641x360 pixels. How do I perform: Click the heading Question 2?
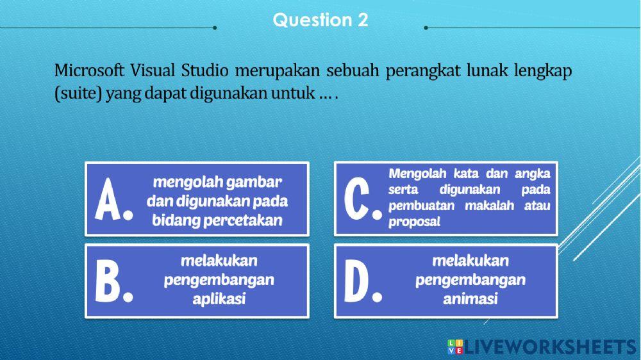click(x=320, y=20)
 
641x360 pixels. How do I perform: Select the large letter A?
click(x=113, y=200)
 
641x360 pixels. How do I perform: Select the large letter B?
click(x=113, y=281)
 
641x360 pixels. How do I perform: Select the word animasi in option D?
click(x=470, y=299)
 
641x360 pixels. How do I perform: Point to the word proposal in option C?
click(x=414, y=222)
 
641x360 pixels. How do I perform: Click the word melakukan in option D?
click(x=470, y=261)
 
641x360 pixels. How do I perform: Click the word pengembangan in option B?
click(x=219, y=280)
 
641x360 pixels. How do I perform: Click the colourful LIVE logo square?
click(x=456, y=347)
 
